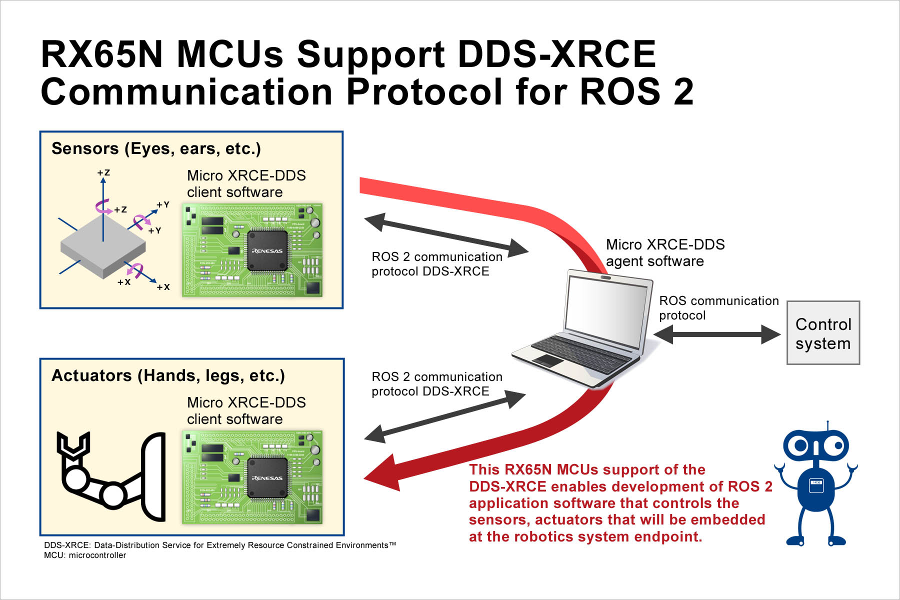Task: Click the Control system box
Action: (x=823, y=333)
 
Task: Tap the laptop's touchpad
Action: (x=548, y=360)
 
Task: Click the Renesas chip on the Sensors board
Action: (x=267, y=250)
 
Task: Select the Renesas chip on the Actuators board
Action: (x=267, y=477)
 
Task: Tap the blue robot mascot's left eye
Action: (x=800, y=445)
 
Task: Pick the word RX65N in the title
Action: (x=102, y=54)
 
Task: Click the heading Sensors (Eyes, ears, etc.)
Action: (x=156, y=148)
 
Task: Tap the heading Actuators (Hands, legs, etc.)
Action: (x=168, y=375)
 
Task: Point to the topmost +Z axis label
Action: (x=103, y=172)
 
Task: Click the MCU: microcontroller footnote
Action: (x=85, y=555)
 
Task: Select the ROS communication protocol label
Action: (x=718, y=307)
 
